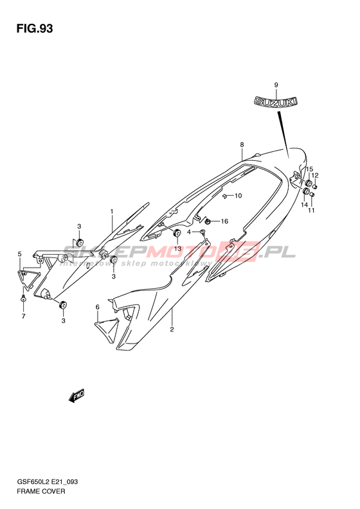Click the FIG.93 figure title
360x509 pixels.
[x=34, y=28]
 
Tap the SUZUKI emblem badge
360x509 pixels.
[x=275, y=101]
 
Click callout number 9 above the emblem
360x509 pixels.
[x=276, y=85]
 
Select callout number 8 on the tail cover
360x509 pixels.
[x=242, y=144]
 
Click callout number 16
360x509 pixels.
[x=224, y=221]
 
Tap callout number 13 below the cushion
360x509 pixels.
[x=177, y=248]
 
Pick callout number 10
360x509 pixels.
[x=239, y=196]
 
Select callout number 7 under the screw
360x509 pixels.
[x=23, y=317]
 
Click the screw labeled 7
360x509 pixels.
[x=23, y=299]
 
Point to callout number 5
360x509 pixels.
[x=19, y=254]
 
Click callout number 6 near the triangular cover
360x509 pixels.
[x=97, y=307]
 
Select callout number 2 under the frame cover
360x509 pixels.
[x=172, y=329]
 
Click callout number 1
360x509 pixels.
[x=112, y=212]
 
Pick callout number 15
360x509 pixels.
[x=309, y=169]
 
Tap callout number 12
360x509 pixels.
[x=315, y=176]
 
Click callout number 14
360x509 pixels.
[x=304, y=205]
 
